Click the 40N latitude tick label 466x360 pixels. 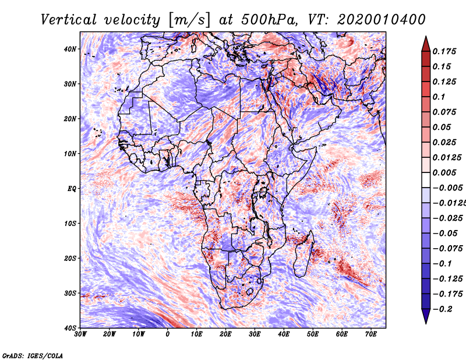70,49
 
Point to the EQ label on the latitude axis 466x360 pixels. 72,189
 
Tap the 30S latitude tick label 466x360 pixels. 70,293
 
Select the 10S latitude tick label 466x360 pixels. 70,224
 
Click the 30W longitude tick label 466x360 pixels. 80,334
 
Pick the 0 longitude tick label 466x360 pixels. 168,334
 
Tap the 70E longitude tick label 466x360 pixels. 371,334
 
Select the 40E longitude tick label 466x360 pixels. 284,334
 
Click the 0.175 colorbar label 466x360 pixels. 444,51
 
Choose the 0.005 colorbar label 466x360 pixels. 444,172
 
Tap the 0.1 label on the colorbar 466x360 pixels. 439,97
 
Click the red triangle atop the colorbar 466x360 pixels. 426,44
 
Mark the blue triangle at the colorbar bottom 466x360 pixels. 426,316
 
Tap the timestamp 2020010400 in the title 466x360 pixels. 382,20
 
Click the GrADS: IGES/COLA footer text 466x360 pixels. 33,355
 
